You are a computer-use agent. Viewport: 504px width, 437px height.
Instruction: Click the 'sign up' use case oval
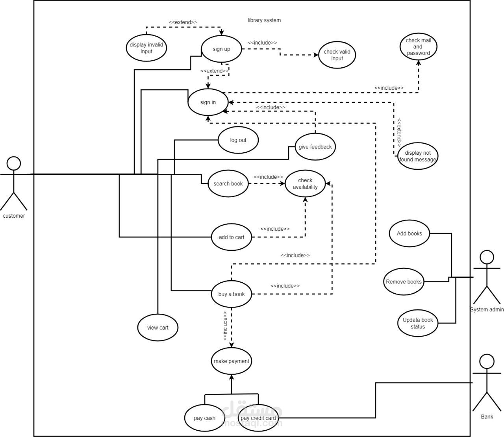221,49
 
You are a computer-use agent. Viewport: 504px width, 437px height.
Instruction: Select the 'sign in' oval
208,102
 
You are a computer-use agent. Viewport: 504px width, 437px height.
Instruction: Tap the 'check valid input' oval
337,55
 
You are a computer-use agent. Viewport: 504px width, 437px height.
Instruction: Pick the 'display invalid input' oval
146,48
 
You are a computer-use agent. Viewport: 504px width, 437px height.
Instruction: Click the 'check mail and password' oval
418,46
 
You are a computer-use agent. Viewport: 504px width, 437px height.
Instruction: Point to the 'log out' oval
238,140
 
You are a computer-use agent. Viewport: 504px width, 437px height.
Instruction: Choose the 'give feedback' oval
315,147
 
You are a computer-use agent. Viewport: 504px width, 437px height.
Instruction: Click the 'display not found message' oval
417,156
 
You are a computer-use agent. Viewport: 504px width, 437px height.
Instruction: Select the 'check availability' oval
305,184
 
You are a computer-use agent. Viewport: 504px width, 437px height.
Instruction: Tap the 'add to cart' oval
232,237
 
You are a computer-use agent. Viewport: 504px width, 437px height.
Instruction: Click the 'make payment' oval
232,361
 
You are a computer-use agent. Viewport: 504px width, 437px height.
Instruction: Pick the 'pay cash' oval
204,418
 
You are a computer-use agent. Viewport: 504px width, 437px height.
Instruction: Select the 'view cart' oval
158,328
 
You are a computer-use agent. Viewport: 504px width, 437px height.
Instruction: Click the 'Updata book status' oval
418,323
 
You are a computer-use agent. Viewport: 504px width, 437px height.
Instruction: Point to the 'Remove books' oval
404,282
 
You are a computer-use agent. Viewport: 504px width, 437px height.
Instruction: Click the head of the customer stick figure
14,163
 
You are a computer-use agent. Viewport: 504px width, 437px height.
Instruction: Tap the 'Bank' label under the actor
487,417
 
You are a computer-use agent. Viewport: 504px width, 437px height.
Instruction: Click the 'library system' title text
264,20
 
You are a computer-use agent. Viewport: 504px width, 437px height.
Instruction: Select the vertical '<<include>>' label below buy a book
225,326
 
